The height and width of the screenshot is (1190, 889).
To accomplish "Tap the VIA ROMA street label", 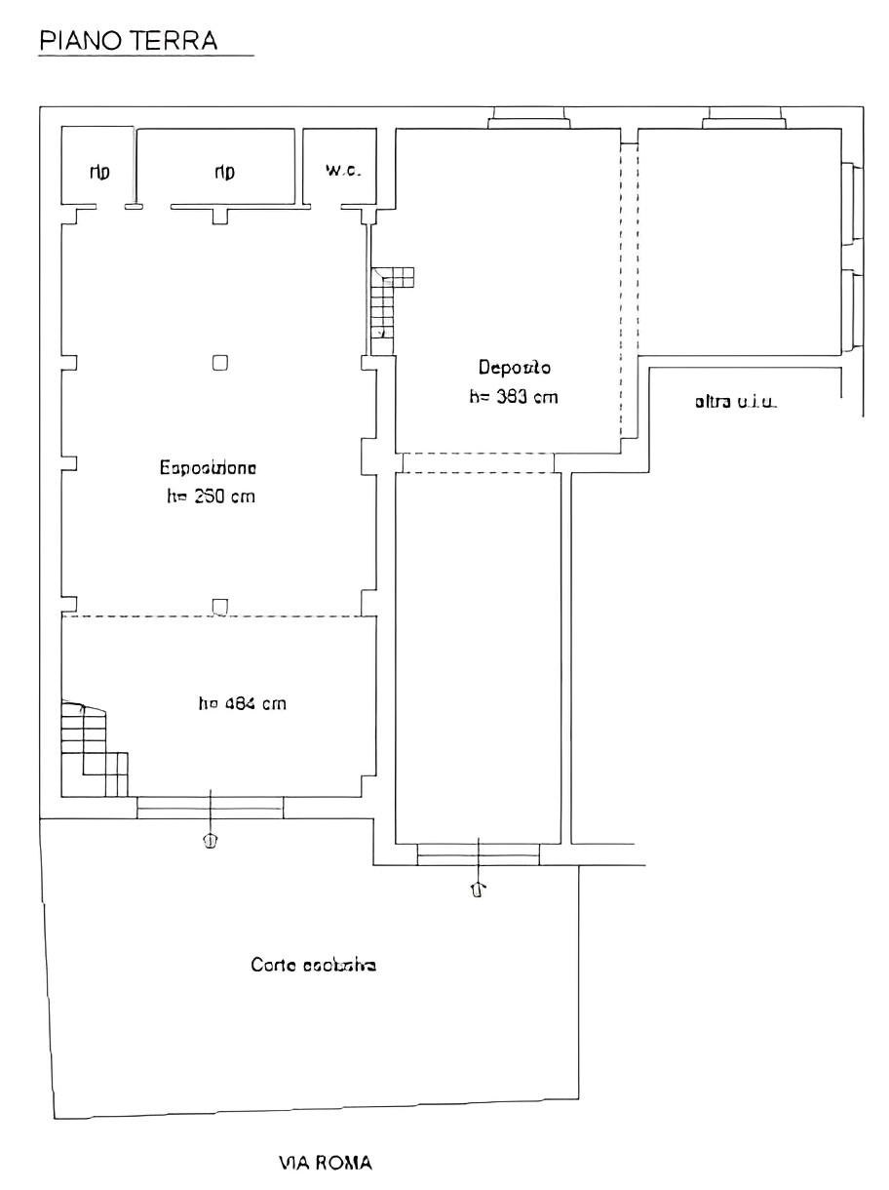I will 325,1163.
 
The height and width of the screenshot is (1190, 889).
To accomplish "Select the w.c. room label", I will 344,171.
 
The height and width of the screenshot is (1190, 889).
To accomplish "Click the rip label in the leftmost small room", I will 99,172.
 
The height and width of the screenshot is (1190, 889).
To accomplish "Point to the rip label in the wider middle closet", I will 224,172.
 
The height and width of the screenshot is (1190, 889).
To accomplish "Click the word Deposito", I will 514,368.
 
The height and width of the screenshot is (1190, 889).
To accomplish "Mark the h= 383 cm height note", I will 514,397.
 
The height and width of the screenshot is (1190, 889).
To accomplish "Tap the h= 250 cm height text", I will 211,496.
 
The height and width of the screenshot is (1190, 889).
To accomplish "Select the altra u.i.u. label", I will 735,401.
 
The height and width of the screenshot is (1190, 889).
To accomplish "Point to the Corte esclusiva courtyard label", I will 314,965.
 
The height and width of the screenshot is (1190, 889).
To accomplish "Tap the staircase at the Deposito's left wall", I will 389,304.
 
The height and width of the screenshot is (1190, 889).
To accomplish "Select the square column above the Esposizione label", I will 221,363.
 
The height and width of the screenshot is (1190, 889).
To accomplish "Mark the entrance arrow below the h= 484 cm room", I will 210,839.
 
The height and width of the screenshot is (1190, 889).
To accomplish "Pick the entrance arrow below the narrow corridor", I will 478,888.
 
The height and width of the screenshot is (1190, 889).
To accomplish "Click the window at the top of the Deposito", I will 529,118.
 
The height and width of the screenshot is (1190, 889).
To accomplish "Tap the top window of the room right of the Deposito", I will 746,118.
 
